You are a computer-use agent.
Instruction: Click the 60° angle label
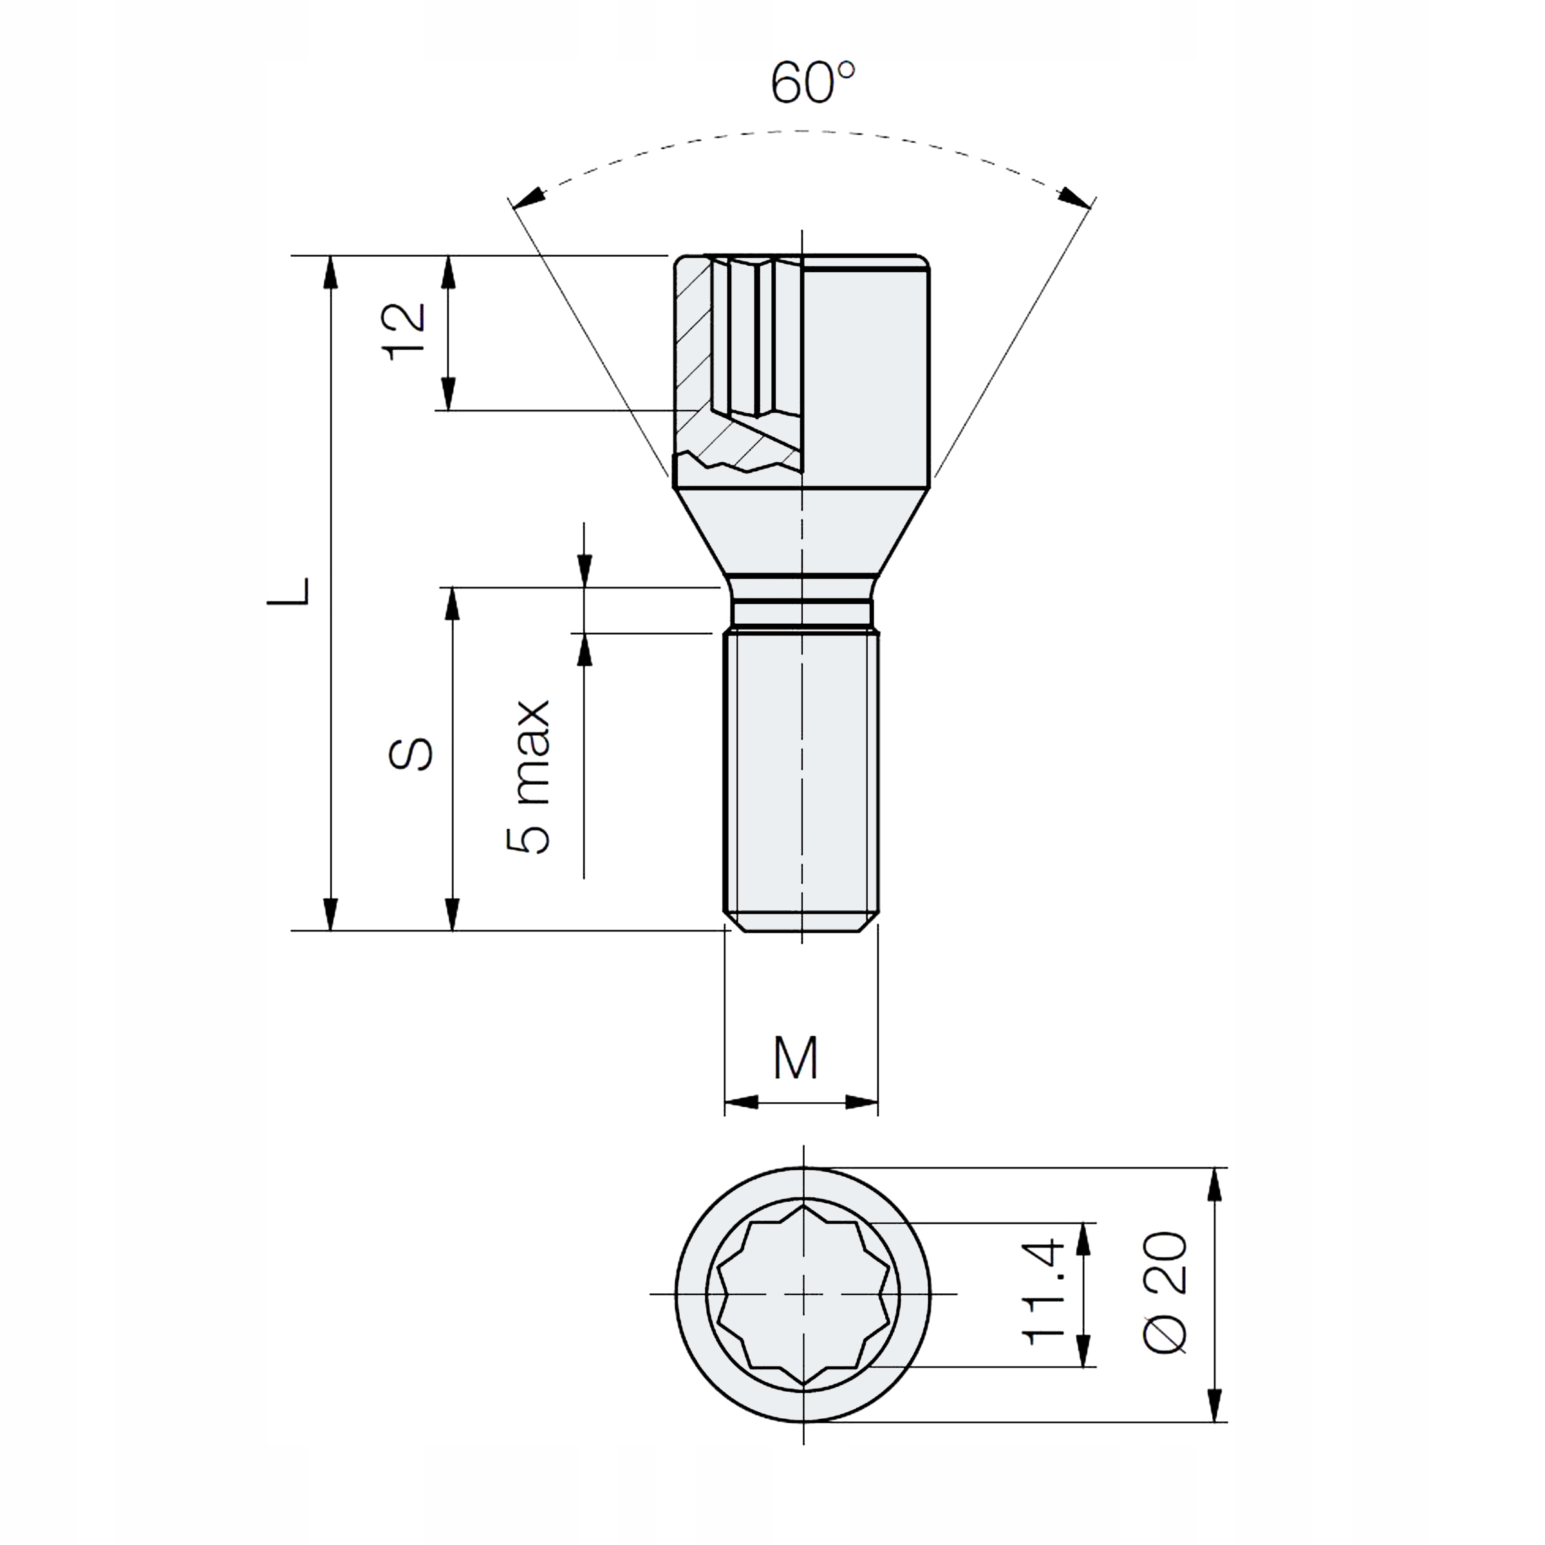pyautogui.click(x=812, y=82)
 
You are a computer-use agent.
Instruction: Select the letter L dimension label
pyautogui.click(x=288, y=591)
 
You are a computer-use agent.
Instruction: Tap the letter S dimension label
pyautogui.click(x=411, y=753)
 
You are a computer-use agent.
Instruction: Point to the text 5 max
pyautogui.click(x=529, y=777)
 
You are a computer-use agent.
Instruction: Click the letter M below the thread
pyautogui.click(x=796, y=1059)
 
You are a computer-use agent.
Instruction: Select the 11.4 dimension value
pyautogui.click(x=1044, y=1292)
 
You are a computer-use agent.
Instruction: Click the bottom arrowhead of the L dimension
pyautogui.click(x=330, y=913)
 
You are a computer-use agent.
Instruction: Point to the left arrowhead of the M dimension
pyautogui.click(x=742, y=1103)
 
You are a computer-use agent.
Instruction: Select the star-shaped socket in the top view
pyautogui.click(x=803, y=1293)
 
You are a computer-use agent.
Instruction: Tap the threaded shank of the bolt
pyautogui.click(x=802, y=768)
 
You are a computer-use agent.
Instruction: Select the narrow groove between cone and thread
pyautogui.click(x=802, y=613)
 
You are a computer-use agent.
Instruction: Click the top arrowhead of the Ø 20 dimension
pyautogui.click(x=1214, y=1186)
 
